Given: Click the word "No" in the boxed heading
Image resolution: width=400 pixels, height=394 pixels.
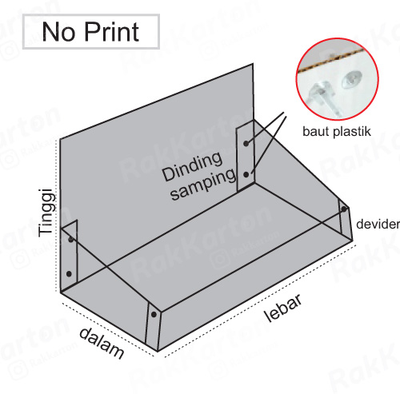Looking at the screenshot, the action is click(58, 32).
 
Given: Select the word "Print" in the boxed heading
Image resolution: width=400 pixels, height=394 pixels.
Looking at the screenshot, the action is click(112, 32).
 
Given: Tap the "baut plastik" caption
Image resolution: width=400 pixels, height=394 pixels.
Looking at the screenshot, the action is click(337, 131).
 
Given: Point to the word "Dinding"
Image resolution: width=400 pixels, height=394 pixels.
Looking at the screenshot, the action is click(192, 166).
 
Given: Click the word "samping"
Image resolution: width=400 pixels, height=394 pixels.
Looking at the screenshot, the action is click(204, 185).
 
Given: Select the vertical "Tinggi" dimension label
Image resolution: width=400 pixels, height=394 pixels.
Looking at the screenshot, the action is click(47, 213).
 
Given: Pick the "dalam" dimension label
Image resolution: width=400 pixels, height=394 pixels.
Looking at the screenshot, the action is click(102, 343).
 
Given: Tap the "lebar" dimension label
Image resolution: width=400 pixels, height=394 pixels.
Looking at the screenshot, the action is click(283, 308).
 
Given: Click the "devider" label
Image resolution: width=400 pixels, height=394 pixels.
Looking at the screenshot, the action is click(378, 224).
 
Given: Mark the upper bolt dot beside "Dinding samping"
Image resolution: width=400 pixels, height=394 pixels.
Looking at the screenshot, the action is click(246, 143).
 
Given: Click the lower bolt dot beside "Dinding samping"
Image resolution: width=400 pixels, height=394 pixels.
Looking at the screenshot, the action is click(246, 175).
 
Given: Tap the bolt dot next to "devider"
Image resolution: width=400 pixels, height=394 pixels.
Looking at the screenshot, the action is click(344, 209).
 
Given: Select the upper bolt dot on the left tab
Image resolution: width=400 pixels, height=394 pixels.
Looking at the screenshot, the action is click(70, 239).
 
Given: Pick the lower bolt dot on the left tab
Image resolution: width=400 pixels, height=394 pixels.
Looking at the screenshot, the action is click(69, 273).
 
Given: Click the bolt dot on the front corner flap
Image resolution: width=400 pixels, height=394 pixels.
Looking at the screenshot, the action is click(154, 315).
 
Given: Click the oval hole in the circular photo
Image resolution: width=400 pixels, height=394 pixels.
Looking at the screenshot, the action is click(351, 79).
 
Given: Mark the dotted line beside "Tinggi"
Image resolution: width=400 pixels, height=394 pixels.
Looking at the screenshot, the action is click(56, 216).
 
